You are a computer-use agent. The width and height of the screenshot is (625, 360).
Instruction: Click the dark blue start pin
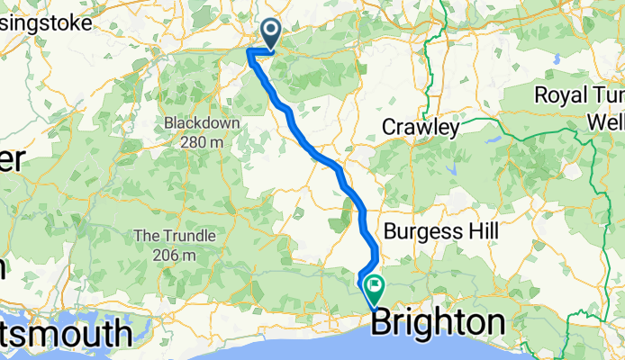pos(269,34)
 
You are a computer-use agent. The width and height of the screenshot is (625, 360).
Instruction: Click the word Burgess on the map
pos(418,232)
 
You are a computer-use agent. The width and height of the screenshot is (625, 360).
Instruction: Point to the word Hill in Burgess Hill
pos(476,232)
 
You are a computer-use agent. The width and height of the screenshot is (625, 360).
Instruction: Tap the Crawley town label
pos(421,128)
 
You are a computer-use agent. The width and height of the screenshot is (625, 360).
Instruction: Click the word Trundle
pos(186,236)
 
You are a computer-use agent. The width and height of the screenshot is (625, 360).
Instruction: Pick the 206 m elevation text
pos(176,256)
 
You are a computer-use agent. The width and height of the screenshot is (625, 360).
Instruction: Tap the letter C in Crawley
pos(388,128)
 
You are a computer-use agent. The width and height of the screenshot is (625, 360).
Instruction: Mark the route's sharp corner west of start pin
pos(249,53)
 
